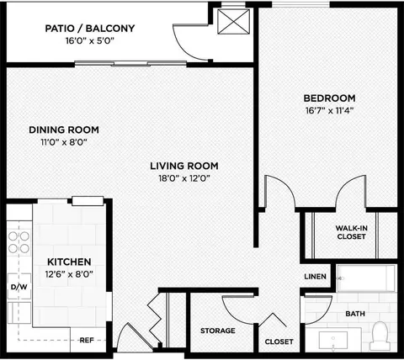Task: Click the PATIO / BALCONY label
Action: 90,29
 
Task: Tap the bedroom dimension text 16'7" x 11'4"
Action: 329,110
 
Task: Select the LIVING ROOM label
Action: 184,166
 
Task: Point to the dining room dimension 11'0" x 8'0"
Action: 64,142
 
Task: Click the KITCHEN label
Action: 69,262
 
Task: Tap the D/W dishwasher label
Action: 19,287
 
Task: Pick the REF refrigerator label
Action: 87,340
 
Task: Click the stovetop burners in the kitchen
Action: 19,242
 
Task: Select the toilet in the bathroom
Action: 380,336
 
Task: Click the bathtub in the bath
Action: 366,278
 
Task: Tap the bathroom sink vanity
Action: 333,341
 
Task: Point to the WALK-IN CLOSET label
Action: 352,232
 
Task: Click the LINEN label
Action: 316,277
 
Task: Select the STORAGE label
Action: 218,331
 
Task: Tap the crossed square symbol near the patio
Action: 233,22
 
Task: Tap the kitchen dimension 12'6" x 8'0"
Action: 69,274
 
